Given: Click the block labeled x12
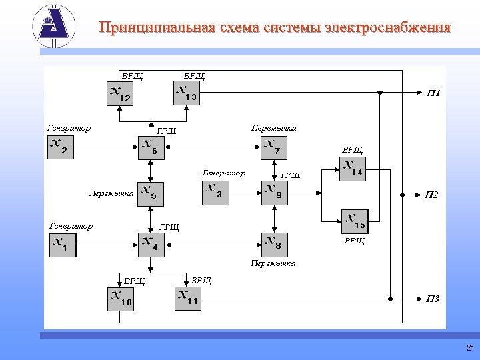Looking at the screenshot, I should [120, 93].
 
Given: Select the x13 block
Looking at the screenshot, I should [187, 93].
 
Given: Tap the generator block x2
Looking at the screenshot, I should [61, 147].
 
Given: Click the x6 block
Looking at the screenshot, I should [151, 147].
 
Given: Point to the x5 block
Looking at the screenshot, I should [151, 193].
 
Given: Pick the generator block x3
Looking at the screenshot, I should [215, 193].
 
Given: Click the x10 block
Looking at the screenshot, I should [121, 299].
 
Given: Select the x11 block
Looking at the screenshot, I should [188, 299].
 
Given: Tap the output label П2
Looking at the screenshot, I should [431, 195].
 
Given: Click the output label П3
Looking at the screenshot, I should [433, 299].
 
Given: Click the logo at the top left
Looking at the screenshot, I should [54, 25].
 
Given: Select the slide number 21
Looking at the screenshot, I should [470, 348].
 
